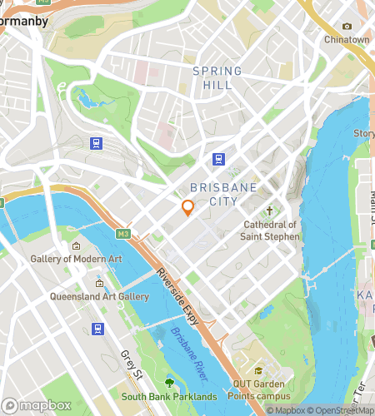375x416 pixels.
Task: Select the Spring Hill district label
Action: pos(217,78)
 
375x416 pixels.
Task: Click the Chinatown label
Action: pos(346,39)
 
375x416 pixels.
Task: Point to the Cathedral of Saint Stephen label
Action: pos(270,230)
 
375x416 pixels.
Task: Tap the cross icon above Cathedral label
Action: pos(269,212)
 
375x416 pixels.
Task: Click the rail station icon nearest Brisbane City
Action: pos(219,159)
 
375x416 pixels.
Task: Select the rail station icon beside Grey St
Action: pos(97,329)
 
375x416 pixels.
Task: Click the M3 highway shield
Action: pos(123,234)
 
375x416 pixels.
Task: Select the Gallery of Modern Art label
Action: pos(76,260)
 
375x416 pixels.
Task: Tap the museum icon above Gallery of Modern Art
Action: pos(76,245)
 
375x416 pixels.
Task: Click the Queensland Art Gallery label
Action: pos(99,296)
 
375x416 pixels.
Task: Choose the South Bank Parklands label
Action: pos(169,396)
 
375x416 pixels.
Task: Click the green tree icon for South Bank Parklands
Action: pos(169,383)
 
